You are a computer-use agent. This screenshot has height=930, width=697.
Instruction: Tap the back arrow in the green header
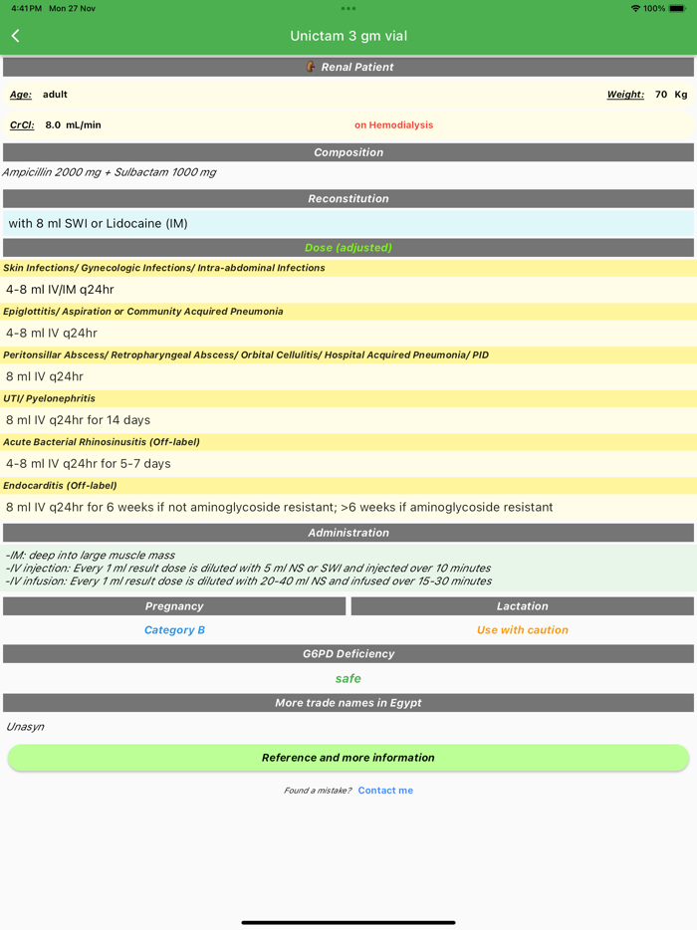point(16,36)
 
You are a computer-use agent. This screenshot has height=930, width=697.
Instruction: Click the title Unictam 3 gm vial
point(348,36)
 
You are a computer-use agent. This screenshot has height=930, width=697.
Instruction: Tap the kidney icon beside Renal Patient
point(311,67)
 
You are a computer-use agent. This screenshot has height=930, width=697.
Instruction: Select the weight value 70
point(661,95)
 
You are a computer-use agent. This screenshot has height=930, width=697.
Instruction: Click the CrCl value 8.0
point(53,125)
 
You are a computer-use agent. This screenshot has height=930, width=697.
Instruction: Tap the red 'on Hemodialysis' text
point(393,125)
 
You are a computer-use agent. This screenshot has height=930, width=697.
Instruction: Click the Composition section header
point(348,152)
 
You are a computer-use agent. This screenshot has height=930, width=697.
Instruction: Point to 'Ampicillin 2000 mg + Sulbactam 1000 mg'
point(110,172)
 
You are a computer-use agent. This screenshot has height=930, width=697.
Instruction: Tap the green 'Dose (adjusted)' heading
point(348,247)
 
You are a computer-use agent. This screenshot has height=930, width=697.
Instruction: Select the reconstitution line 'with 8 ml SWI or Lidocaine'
point(98,223)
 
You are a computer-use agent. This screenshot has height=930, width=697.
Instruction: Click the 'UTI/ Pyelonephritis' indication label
point(50,398)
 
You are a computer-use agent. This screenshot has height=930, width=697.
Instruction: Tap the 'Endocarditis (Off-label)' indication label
point(60,486)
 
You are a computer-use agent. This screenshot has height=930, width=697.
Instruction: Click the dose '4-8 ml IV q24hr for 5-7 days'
point(89,464)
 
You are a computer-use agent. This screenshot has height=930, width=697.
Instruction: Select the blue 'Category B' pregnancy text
point(174,630)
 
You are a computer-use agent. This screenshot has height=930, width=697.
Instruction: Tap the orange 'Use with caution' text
point(522,630)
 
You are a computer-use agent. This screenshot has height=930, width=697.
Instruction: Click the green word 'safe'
point(348,678)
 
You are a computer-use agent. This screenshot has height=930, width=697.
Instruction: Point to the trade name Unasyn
point(25,727)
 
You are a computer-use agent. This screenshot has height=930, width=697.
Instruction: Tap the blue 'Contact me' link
point(385,791)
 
